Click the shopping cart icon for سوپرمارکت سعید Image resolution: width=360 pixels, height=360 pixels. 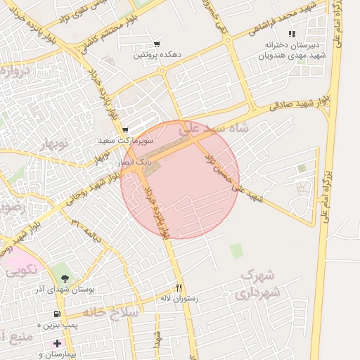pos(125,130)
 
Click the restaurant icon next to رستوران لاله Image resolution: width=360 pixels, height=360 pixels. pos(179,288)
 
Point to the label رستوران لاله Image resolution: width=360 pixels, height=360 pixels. pos(179,298)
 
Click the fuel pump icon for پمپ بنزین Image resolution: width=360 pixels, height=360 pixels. pos(57,314)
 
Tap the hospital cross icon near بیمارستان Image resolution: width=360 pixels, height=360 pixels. pos(57,342)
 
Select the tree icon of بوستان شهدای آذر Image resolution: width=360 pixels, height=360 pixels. pos(65,280)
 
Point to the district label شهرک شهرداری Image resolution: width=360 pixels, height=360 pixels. pos(259,282)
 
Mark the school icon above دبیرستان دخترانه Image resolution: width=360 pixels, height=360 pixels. pos(292,34)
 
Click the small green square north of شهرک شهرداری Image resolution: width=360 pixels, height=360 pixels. pos(236,250)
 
